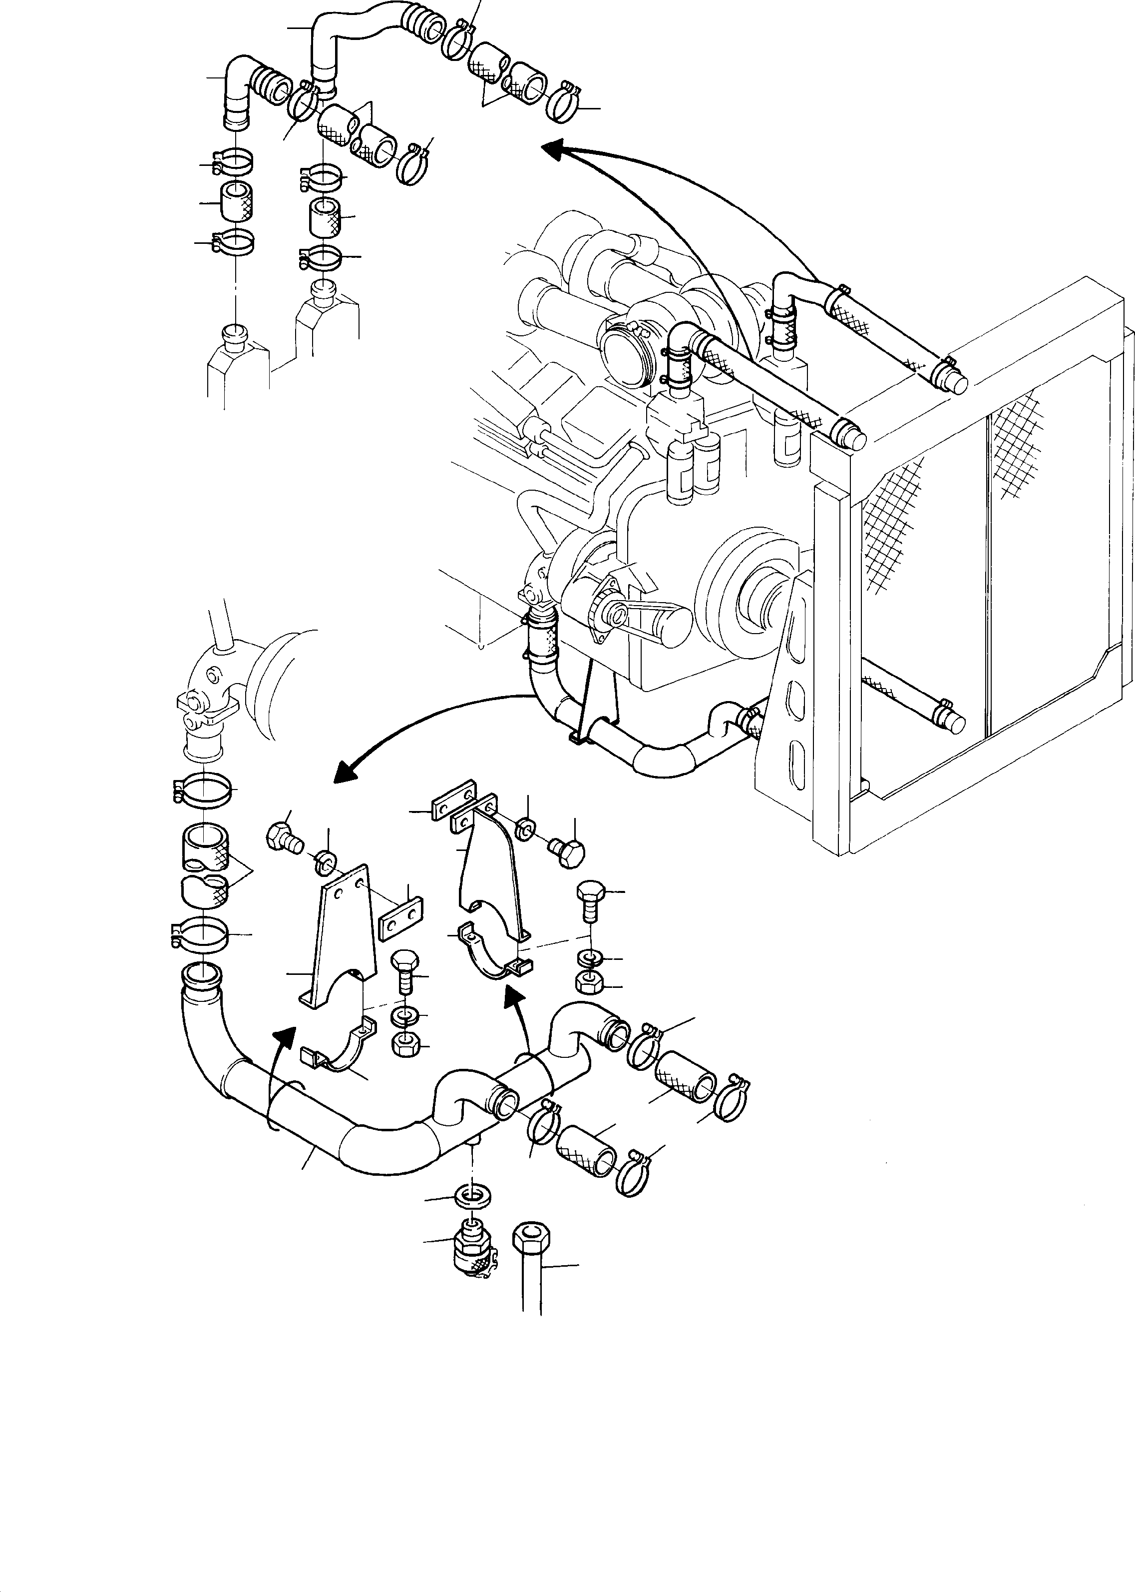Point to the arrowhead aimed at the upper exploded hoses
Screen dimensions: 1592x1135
point(554,149)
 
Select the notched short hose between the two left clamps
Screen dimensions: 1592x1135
point(205,863)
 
